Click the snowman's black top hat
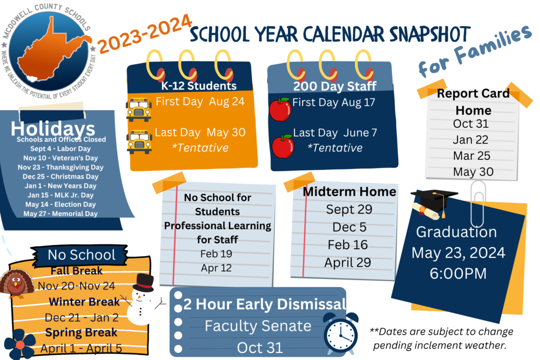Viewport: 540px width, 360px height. (144, 282)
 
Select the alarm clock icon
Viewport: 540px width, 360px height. (340, 334)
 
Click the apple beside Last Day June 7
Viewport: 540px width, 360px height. (282, 146)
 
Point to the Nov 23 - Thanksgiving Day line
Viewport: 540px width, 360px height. (63, 167)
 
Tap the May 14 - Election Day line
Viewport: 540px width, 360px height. (60, 205)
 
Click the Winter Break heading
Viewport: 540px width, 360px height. (84, 302)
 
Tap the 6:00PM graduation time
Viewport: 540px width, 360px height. (458, 274)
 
